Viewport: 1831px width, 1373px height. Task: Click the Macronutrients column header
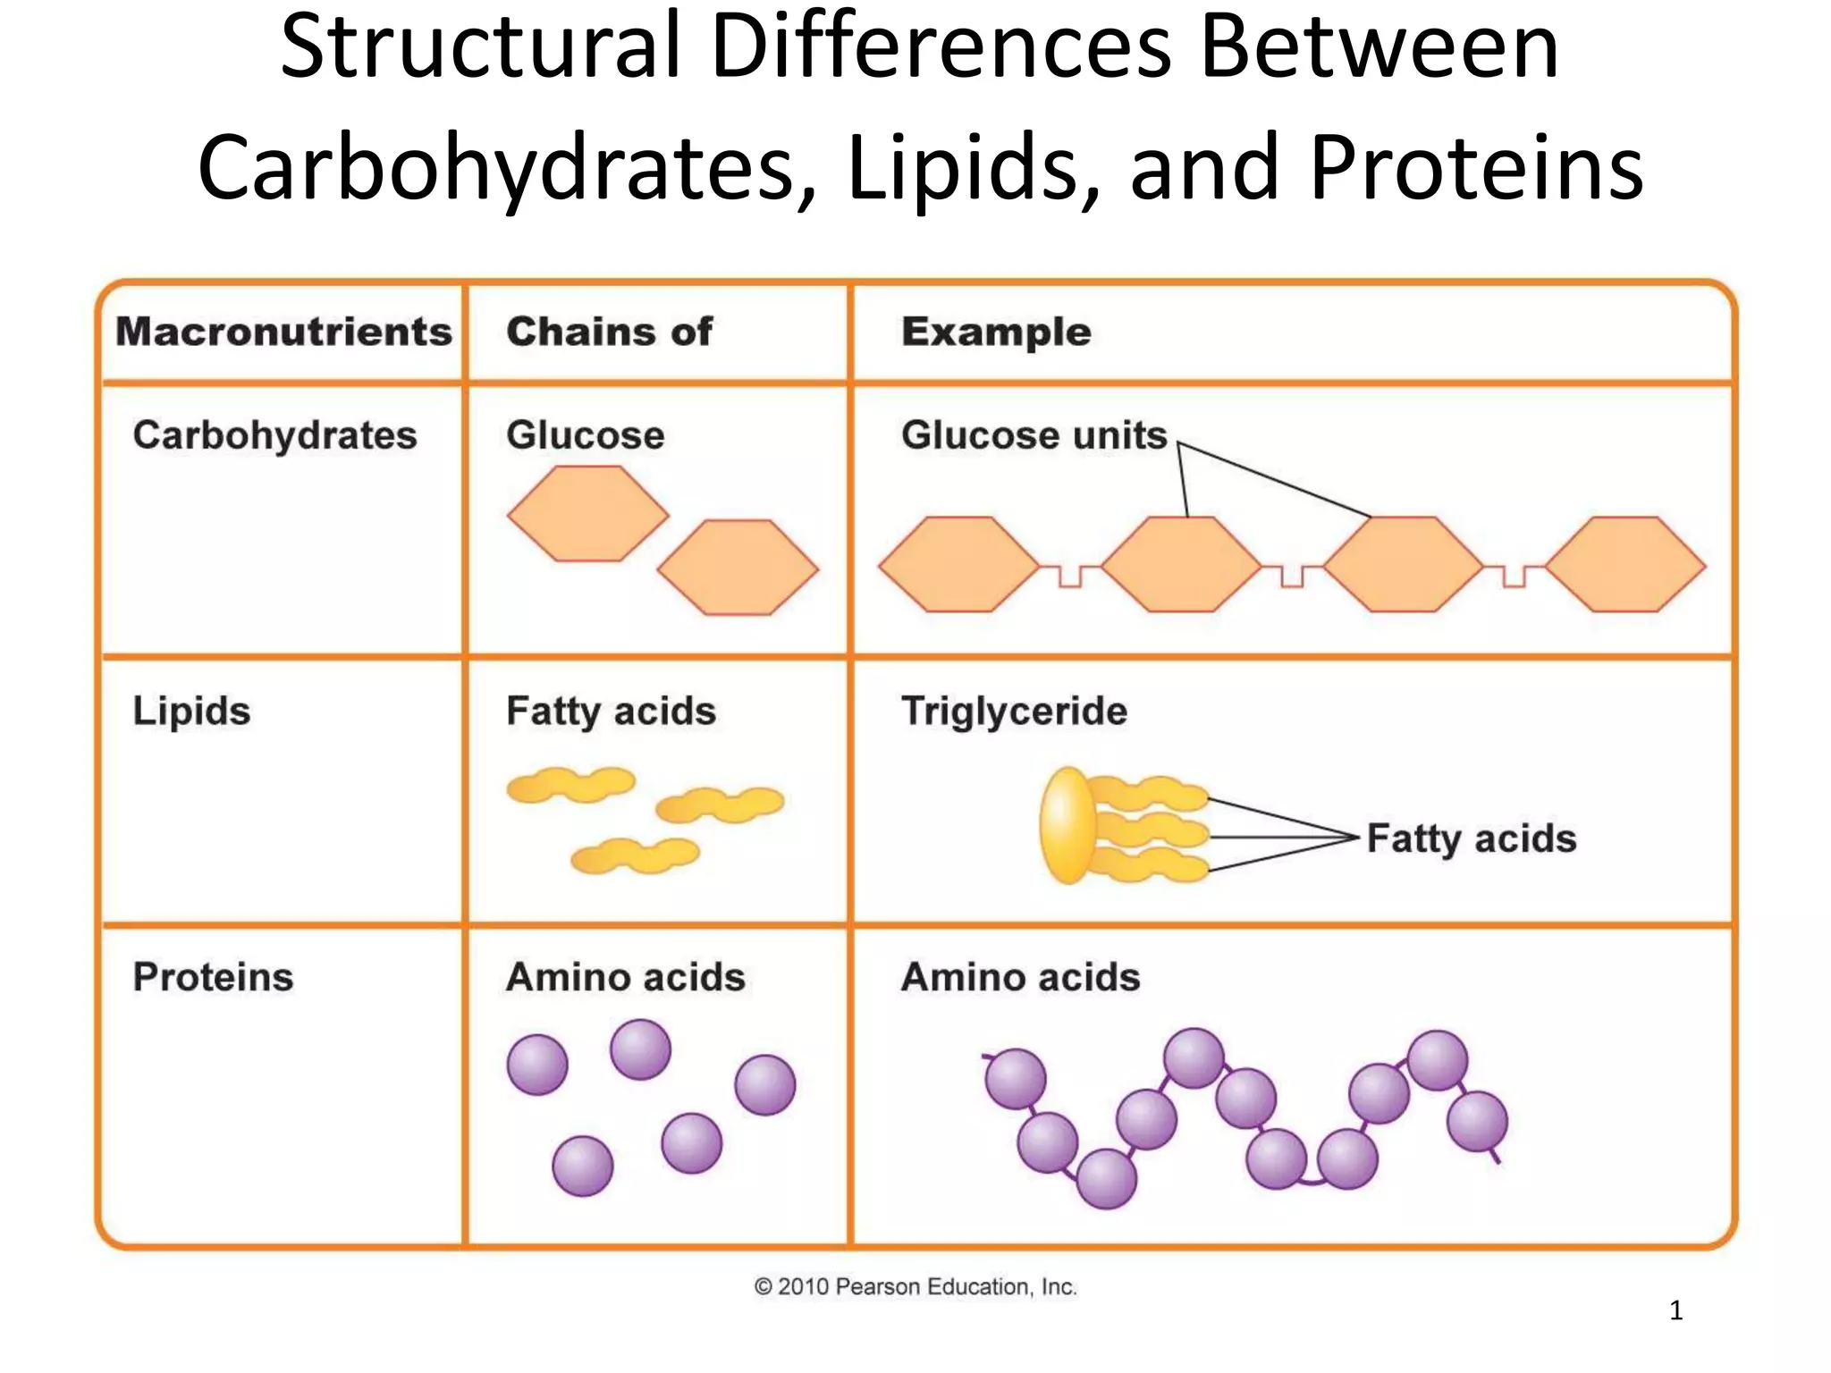coord(283,332)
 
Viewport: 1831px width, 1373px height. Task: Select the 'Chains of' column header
coord(609,332)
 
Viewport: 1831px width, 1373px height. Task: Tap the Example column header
coord(996,332)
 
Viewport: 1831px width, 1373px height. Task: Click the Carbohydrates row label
coord(274,435)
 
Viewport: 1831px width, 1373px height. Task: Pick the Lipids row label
coord(191,712)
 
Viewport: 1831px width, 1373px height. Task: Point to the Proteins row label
coord(213,977)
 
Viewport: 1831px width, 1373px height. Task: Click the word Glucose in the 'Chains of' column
coord(585,435)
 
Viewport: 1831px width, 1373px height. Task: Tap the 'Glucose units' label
coord(1034,435)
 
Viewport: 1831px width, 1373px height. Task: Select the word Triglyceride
coord(1014,712)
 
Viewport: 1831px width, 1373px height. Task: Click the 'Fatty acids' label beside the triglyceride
coord(1471,838)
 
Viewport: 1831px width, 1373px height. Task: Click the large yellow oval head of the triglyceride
coord(1067,824)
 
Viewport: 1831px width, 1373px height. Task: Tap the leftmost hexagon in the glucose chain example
coord(958,565)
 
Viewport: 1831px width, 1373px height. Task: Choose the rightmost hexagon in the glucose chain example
coord(1624,565)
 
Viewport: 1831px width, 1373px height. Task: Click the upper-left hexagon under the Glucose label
coord(587,514)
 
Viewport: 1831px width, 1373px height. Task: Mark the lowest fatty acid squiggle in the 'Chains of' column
coord(635,855)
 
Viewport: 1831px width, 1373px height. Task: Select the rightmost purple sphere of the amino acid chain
coord(1477,1121)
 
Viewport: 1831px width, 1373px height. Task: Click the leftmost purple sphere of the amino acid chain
coord(1015,1079)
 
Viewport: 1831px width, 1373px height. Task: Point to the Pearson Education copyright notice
coord(915,1286)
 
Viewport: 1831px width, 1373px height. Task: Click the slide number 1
coord(1675,1310)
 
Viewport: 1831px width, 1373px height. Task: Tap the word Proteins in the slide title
coord(1476,167)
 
